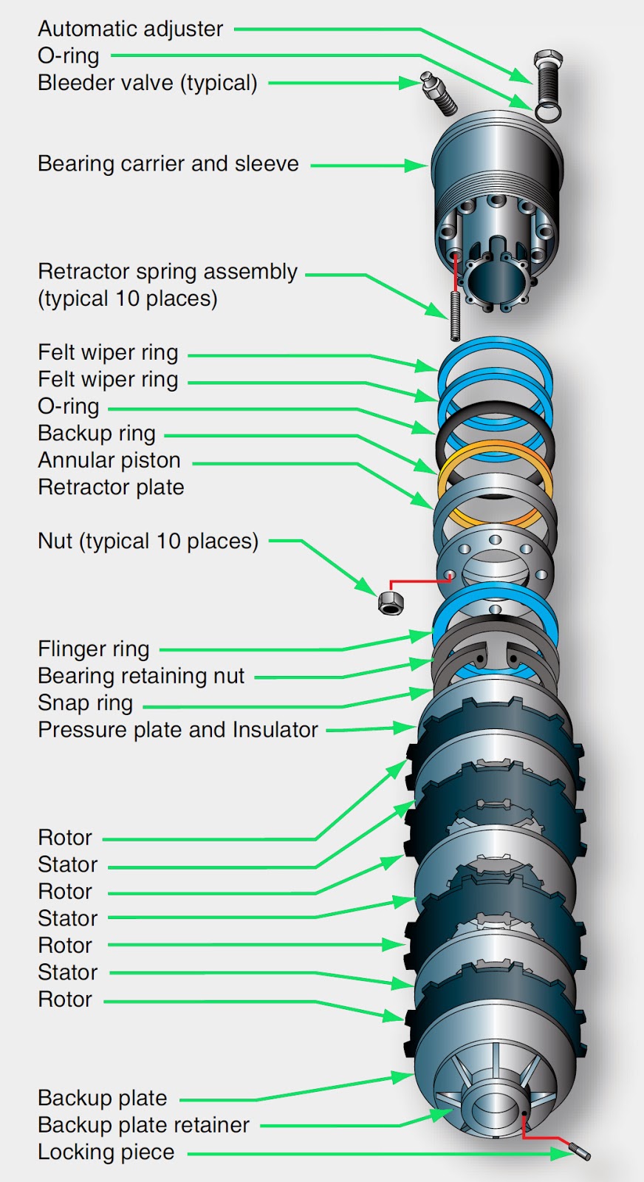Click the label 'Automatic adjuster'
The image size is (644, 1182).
tap(130, 29)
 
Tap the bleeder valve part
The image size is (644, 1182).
tap(439, 94)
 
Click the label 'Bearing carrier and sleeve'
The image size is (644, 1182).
tap(168, 164)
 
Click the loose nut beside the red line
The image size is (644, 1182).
tap(391, 602)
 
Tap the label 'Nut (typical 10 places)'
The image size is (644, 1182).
tap(148, 542)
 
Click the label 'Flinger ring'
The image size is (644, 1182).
tap(94, 649)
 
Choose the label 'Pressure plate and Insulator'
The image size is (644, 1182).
tap(178, 730)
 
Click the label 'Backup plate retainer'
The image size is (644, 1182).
tap(144, 1125)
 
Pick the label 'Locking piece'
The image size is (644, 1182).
tap(106, 1152)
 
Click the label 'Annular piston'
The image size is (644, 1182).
tap(109, 460)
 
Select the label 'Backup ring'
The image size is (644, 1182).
tap(97, 434)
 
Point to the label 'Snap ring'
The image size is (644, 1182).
tap(86, 703)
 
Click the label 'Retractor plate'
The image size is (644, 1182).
tap(111, 488)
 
